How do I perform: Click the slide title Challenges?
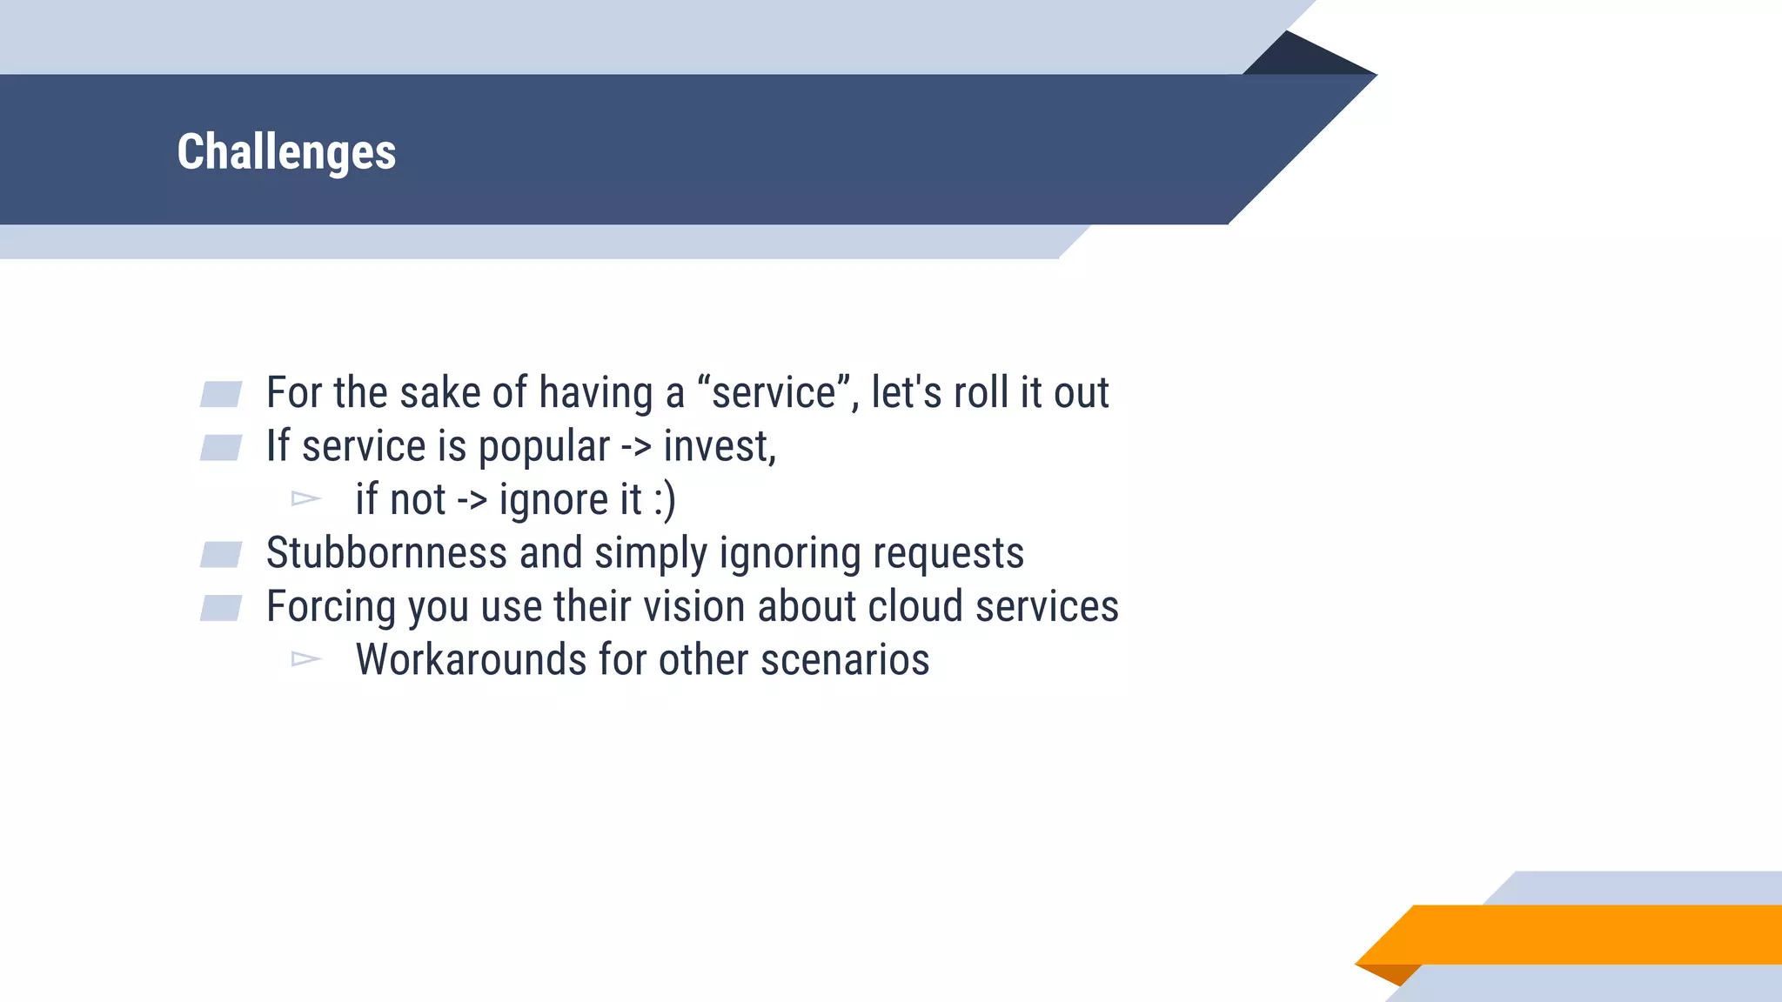286,152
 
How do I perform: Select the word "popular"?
544,447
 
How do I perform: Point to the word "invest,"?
720,447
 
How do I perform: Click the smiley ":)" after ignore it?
664,500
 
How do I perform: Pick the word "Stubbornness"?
386,553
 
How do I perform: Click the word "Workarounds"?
471,660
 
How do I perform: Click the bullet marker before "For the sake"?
221,394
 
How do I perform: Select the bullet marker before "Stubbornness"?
221,554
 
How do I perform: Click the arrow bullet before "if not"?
305,499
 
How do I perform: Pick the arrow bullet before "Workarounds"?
305,659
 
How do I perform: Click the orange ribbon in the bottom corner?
1584,934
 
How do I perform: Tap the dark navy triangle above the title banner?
1305,57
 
